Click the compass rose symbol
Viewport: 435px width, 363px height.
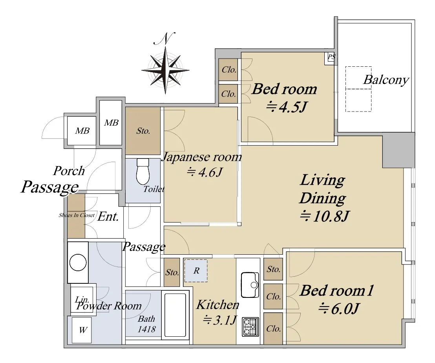165,70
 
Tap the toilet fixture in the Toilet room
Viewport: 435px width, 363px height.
143,171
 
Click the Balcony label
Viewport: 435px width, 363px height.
386,80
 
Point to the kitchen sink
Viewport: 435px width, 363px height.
250,285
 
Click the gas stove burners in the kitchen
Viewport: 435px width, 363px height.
250,327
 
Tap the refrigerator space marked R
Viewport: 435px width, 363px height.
196,271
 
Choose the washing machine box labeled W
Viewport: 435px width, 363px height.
82,330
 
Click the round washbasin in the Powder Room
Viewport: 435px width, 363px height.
78,262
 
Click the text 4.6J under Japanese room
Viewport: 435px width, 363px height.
205,172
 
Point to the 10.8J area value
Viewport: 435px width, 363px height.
325,216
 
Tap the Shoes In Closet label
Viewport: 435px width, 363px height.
77,215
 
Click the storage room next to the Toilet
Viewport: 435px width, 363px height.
143,131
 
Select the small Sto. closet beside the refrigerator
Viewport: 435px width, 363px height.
172,272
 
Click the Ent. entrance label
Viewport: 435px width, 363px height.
108,217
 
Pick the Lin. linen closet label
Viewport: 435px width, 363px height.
82,299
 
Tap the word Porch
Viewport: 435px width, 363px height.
69,171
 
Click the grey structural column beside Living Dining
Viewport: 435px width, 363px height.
398,150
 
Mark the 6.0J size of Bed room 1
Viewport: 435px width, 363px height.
339,308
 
